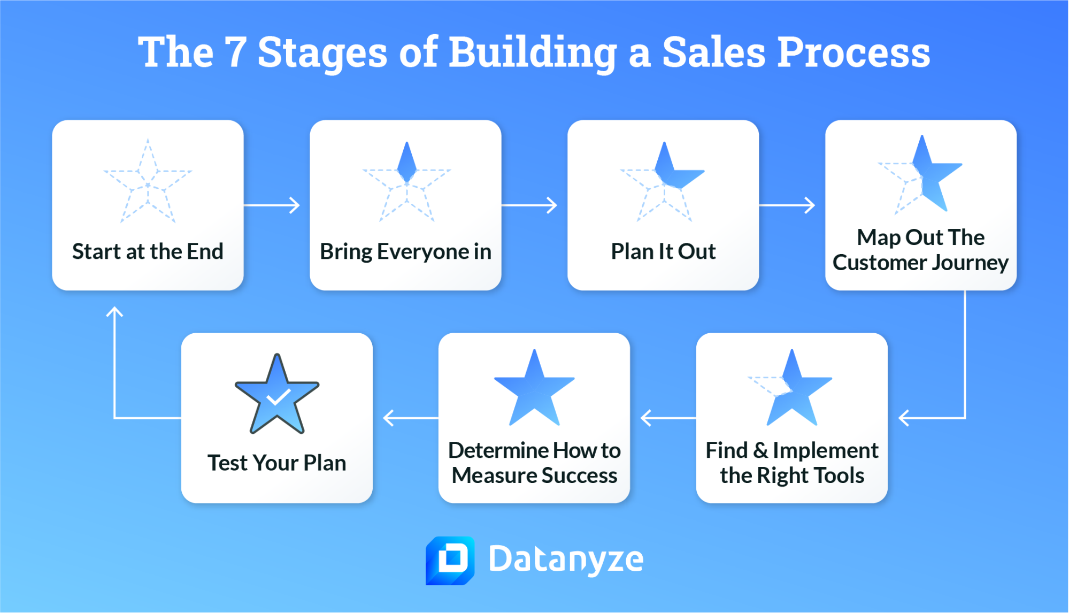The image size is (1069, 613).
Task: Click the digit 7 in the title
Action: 235,52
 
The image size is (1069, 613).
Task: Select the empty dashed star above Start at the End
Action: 148,182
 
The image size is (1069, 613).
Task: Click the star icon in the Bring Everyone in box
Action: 407,182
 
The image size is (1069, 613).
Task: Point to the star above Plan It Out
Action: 664,182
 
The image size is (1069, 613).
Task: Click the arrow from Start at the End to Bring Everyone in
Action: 272,205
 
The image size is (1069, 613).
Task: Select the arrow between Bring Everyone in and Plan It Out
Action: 529,205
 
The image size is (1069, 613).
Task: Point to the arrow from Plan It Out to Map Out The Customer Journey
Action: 787,205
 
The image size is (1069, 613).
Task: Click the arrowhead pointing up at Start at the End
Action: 114,311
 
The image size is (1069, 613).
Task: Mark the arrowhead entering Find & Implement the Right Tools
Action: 904,418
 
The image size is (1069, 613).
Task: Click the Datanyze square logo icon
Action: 450,560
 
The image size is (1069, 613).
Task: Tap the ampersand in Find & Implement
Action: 760,450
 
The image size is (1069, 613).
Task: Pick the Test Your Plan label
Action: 277,463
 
